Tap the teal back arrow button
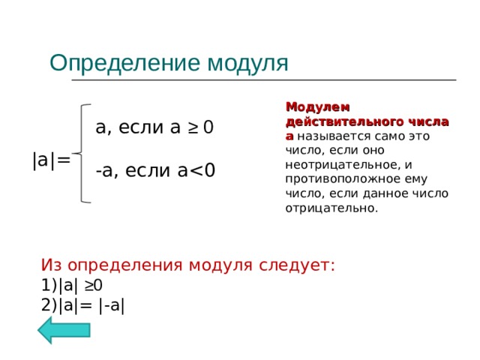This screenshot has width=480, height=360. [64, 330]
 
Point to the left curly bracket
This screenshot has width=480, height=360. [84, 153]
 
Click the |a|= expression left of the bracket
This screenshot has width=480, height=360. [51, 159]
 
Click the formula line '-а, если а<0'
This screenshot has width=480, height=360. [155, 171]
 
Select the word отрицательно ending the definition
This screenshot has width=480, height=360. [331, 207]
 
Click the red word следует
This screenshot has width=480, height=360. [297, 265]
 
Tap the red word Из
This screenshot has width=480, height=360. [53, 265]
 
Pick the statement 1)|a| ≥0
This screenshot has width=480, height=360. [72, 285]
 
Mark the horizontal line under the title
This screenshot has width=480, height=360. [262, 79]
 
